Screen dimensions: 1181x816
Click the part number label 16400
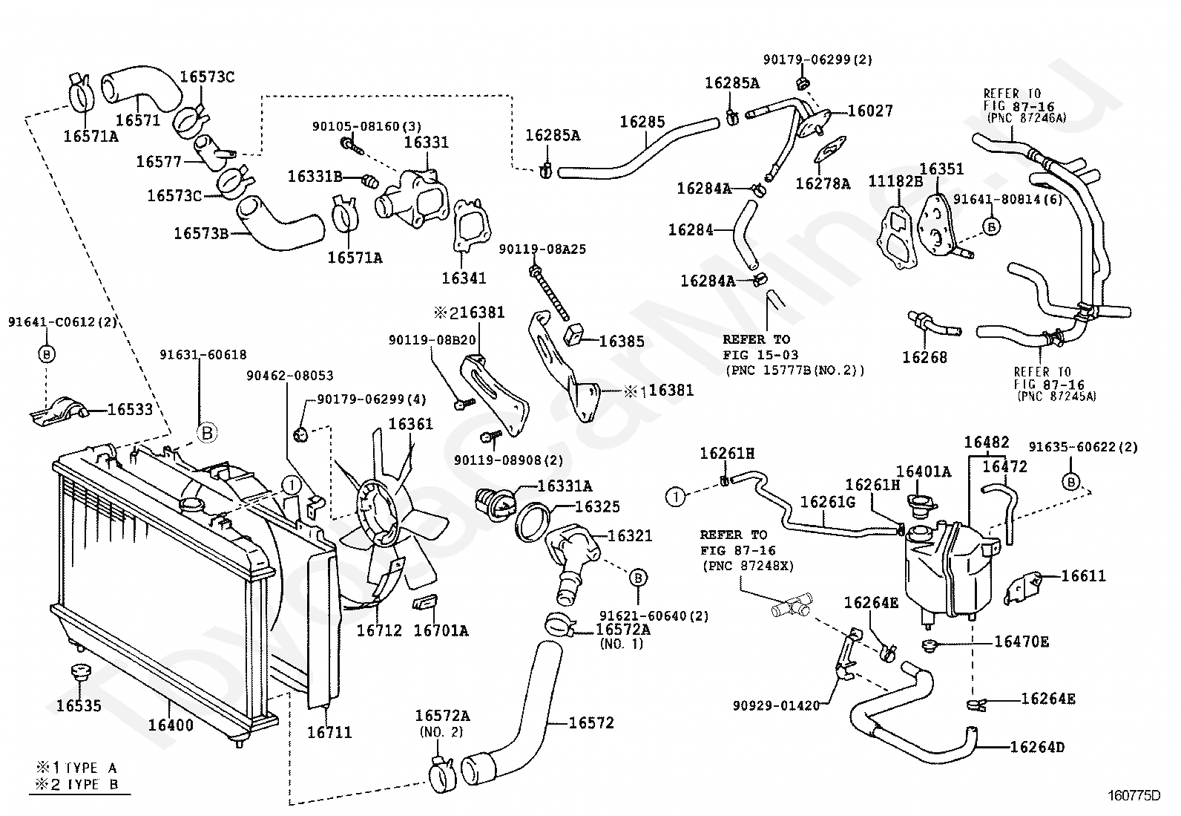coord(171,725)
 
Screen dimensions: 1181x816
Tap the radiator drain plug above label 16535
coord(80,673)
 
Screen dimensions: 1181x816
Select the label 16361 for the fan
coord(411,424)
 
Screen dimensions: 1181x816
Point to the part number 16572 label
coord(591,722)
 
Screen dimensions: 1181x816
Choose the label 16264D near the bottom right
coord(1037,747)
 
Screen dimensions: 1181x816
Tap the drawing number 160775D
coord(1134,795)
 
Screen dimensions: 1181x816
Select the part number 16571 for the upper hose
coord(137,120)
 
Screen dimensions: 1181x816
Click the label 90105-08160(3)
coord(367,127)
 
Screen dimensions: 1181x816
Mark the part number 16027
coord(870,111)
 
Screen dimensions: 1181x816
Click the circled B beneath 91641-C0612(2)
coord(47,353)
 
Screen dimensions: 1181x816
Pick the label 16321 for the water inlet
coord(630,536)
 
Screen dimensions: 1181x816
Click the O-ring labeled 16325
coord(533,522)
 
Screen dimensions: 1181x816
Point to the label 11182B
coord(896,182)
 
